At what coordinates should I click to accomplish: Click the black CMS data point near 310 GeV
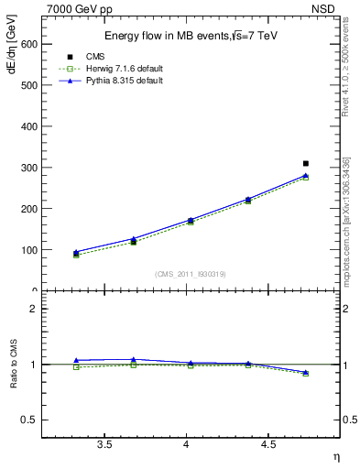point(306,163)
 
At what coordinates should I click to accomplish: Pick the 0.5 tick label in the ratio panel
point(27,420)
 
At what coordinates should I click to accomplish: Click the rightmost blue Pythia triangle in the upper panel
point(306,175)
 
